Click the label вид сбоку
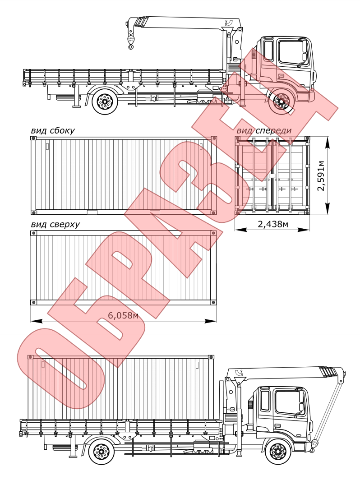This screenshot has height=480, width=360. click(53, 131)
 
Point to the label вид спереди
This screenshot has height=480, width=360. click(264, 131)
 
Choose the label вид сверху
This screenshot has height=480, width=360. click(51, 224)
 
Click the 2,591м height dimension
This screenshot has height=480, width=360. click(321, 175)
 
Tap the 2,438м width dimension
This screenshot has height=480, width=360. click(273, 224)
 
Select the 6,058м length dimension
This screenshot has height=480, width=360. click(123, 315)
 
